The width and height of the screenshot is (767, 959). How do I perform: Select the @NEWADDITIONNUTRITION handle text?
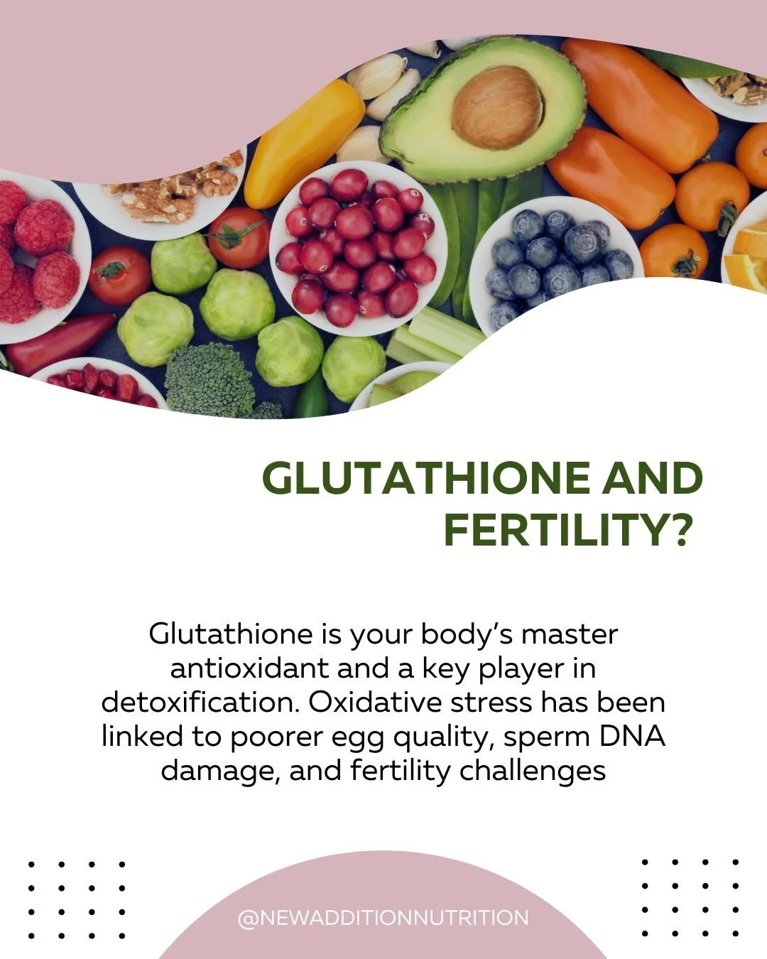(x=383, y=918)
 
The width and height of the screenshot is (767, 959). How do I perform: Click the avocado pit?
(x=496, y=107)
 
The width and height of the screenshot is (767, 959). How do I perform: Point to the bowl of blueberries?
(x=554, y=263)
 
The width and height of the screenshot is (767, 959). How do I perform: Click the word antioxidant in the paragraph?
(x=250, y=668)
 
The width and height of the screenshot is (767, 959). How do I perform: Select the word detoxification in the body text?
(x=200, y=703)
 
